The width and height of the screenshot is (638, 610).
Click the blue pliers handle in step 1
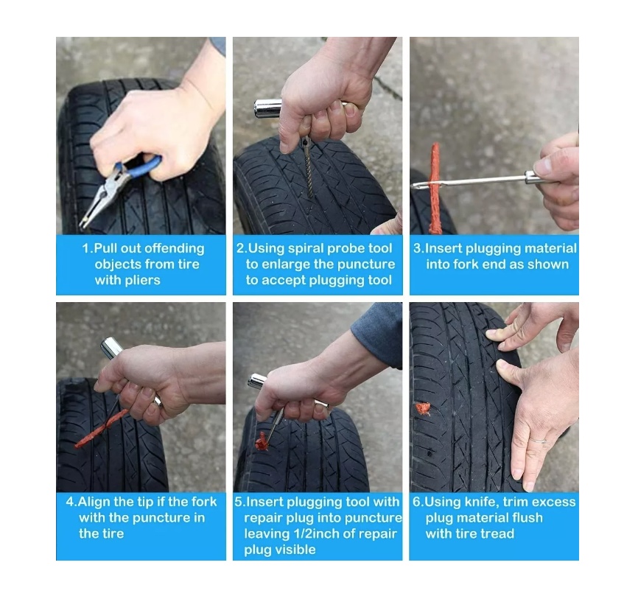(141, 166)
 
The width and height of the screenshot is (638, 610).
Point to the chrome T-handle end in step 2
(267, 108)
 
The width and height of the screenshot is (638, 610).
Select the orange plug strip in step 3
(435, 188)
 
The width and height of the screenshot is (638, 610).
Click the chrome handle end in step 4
(112, 348)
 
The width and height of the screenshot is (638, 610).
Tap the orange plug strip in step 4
(102, 430)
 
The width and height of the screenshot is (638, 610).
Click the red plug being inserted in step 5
(262, 441)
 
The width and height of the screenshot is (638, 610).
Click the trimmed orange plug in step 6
(423, 408)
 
